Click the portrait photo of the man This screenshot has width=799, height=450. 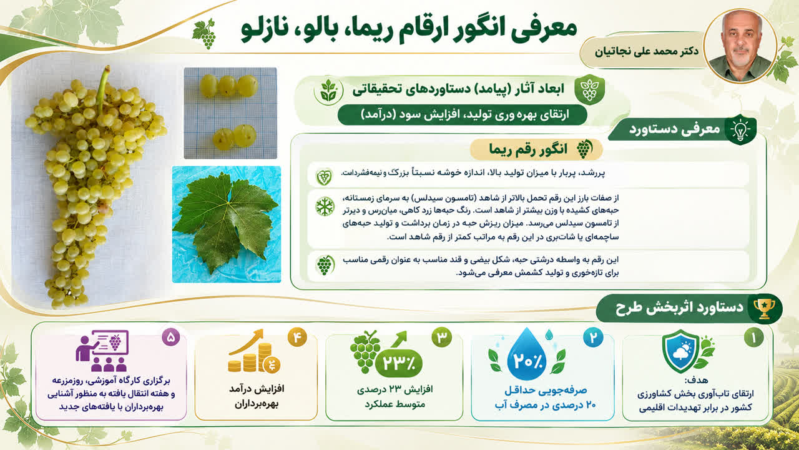point(740,47)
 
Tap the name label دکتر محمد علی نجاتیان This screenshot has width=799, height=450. point(646,51)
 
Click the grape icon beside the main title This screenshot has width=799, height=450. point(204,34)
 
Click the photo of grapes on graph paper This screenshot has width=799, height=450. point(230,113)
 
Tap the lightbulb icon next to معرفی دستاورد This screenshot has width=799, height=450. point(740,129)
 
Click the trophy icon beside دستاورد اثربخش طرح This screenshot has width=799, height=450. point(764,309)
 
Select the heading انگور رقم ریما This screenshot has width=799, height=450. point(528,149)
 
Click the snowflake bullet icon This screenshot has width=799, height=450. point(325,206)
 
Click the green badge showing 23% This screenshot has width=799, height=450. point(399,363)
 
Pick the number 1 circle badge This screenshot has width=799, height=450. point(753,337)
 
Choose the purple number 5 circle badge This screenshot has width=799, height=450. point(171,337)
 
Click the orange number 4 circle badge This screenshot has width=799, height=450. point(297,337)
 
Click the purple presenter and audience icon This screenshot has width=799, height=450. point(102,351)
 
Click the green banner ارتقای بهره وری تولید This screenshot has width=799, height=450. point(463,115)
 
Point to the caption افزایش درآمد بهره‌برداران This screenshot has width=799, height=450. point(257,396)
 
